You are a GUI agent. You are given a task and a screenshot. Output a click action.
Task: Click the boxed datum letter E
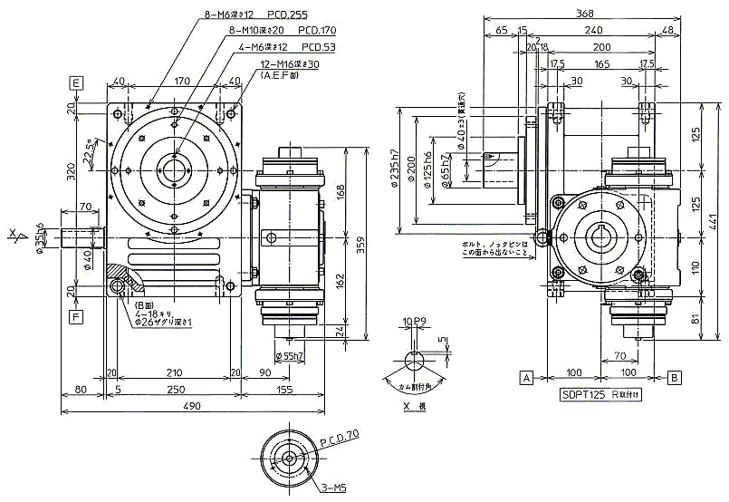pos(77,82)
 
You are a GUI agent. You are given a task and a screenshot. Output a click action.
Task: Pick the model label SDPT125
pos(580,396)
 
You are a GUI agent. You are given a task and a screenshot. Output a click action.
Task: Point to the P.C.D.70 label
pos(341,435)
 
